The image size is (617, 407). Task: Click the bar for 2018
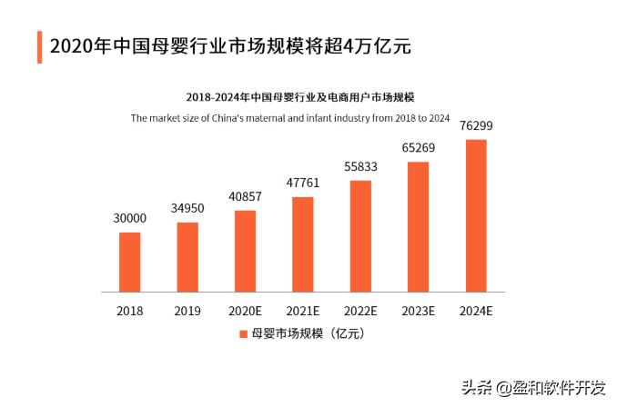(x=130, y=262)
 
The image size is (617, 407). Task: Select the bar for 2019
(x=187, y=257)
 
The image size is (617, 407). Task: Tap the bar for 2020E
(x=245, y=251)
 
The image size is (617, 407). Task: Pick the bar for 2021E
(x=303, y=243)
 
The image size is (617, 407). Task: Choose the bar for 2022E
(x=360, y=235)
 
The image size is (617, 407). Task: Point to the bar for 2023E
(x=418, y=226)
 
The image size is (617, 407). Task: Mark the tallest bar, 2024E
(x=476, y=215)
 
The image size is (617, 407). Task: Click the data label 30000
(x=130, y=218)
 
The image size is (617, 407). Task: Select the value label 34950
(x=187, y=208)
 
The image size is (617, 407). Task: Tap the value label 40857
(x=245, y=196)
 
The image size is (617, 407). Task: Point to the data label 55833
(x=360, y=166)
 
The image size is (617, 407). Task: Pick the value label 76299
(x=476, y=125)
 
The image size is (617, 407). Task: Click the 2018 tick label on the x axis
(x=130, y=311)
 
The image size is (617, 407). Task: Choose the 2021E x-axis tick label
(x=303, y=311)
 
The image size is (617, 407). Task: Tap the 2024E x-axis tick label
(x=476, y=311)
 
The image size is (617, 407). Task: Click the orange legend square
(x=243, y=334)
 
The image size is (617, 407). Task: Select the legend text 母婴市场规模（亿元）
(x=308, y=334)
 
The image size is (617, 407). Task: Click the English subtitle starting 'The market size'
(x=290, y=117)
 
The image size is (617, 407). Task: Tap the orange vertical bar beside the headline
(x=38, y=46)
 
